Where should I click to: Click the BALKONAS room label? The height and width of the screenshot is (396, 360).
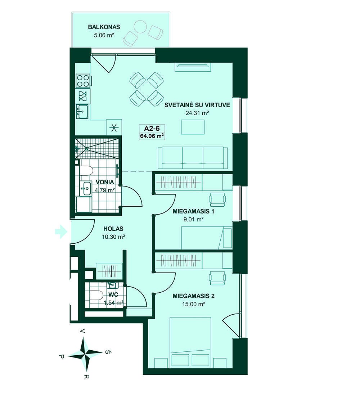click(x=104, y=27)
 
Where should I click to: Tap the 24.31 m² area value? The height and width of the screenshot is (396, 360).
click(x=197, y=113)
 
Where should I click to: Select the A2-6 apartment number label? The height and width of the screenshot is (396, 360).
click(x=152, y=128)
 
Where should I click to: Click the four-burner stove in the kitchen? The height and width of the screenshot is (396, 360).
click(x=83, y=81)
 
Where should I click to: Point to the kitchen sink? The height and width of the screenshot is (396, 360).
click(x=82, y=111)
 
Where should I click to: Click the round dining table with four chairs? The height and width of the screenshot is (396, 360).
click(x=146, y=89)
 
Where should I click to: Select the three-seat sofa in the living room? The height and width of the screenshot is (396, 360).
click(x=193, y=158)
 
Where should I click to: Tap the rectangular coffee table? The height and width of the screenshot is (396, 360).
click(x=193, y=127)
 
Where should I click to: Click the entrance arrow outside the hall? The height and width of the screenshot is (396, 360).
click(x=61, y=231)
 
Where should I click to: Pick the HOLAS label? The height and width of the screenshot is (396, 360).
click(x=113, y=229)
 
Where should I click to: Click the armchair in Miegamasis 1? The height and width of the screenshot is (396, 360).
click(x=217, y=199)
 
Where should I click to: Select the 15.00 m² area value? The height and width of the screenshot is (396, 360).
click(x=194, y=304)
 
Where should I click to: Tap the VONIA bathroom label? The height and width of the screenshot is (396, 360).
click(x=105, y=182)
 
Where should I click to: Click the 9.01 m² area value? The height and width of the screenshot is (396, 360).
click(x=194, y=219)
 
